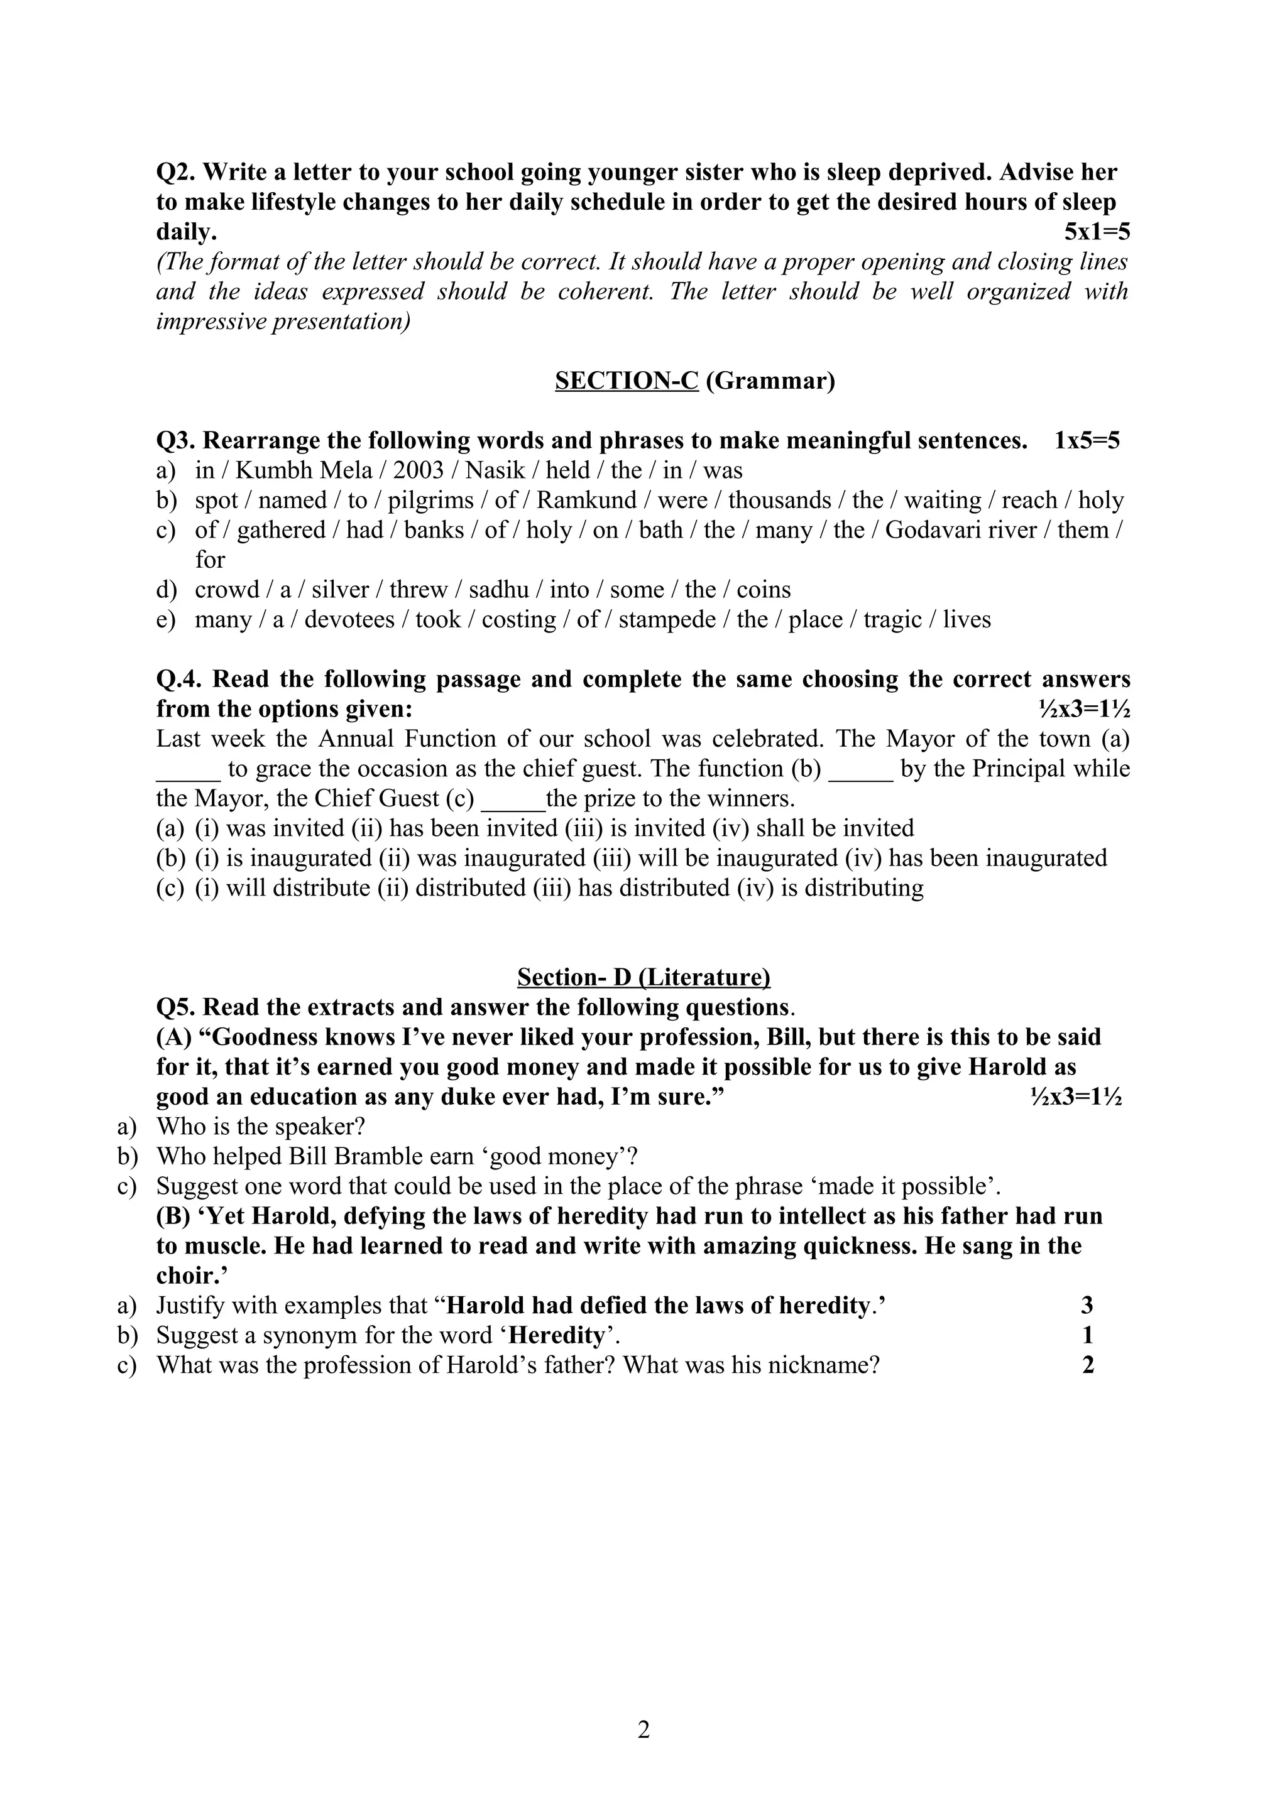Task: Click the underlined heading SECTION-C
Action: tap(626, 381)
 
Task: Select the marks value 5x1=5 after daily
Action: tap(1097, 232)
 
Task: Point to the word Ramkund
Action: tap(587, 500)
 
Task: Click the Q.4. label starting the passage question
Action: tap(181, 680)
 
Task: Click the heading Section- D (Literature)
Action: tap(643, 977)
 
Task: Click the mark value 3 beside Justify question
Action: tap(1087, 1305)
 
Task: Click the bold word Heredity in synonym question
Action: tap(557, 1335)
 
